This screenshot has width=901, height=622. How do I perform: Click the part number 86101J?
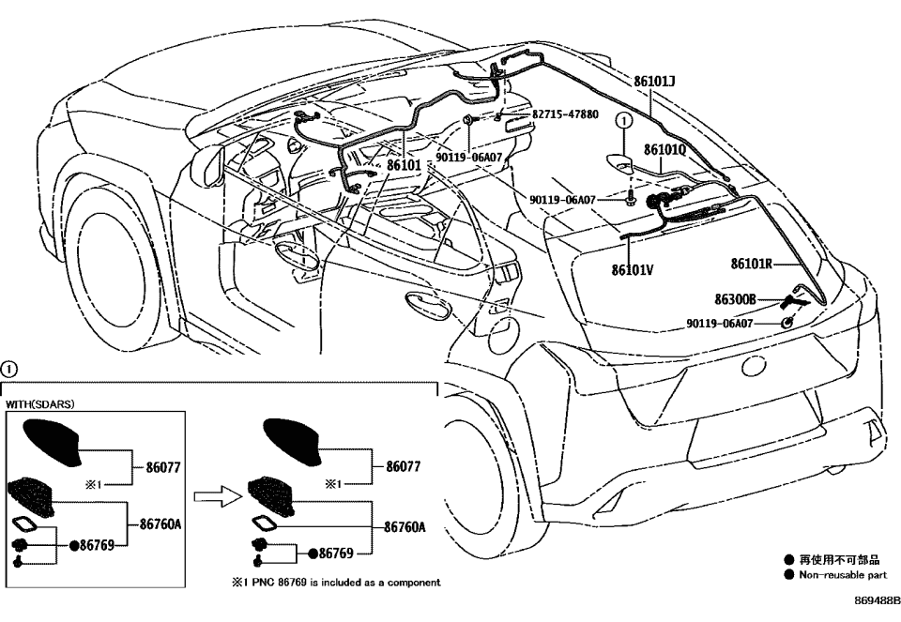(654, 83)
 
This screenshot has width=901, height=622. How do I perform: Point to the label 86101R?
(752, 265)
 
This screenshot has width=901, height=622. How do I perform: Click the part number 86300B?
(735, 300)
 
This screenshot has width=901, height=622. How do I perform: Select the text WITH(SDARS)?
(39, 404)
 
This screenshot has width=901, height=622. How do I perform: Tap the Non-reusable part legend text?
(842, 574)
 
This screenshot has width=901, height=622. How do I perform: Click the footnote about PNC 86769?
(336, 583)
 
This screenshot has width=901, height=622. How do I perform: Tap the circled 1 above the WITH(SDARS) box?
(9, 368)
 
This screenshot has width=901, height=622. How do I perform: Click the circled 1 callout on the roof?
(619, 120)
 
